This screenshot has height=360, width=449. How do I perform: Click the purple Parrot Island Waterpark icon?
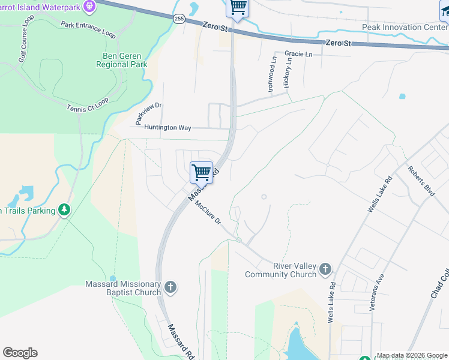(90, 7)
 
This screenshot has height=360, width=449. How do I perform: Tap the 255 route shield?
(179, 19)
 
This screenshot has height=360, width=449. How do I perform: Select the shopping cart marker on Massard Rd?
(202, 172)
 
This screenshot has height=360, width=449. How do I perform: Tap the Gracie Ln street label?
(298, 53)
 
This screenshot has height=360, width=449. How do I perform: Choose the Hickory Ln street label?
(288, 73)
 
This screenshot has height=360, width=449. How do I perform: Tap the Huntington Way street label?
(167, 127)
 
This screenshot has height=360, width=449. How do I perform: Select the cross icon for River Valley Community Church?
(325, 268)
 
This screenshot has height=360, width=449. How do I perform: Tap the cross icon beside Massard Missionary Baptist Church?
(170, 287)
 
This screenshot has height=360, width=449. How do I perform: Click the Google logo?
(20, 352)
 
